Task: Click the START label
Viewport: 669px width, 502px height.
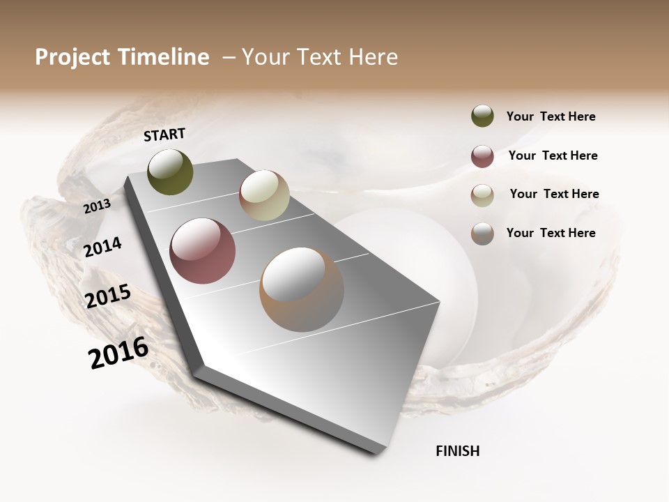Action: (x=164, y=135)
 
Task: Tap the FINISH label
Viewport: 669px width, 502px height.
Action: (x=458, y=451)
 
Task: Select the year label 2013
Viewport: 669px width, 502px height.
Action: (x=97, y=206)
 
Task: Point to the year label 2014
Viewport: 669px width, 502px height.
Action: (x=103, y=248)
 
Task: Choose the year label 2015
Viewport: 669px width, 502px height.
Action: (x=108, y=296)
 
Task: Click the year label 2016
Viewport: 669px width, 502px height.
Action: (x=118, y=352)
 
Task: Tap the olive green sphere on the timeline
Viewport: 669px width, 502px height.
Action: (x=171, y=172)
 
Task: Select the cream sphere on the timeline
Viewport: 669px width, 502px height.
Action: (x=264, y=195)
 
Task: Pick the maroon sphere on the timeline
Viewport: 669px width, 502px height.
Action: (x=203, y=251)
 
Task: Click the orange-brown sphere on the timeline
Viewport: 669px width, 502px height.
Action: (x=302, y=289)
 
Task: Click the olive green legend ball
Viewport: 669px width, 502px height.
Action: (x=482, y=116)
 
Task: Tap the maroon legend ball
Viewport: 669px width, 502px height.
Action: (x=482, y=156)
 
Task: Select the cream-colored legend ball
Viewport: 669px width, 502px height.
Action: (x=482, y=195)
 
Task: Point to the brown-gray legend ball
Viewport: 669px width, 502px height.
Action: (x=482, y=234)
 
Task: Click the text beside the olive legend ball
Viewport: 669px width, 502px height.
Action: (x=551, y=116)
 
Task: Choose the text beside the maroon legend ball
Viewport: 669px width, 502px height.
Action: (x=553, y=155)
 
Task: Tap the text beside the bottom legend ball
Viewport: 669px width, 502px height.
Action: (x=551, y=233)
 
